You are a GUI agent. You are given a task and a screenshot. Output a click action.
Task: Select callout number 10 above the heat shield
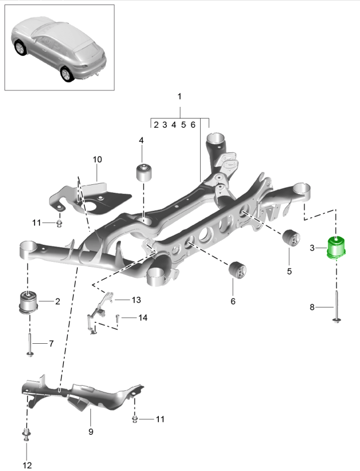(x=97, y=159)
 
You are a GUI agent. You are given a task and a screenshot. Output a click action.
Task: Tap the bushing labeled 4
(x=146, y=171)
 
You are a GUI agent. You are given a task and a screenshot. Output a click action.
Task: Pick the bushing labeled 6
(x=236, y=270)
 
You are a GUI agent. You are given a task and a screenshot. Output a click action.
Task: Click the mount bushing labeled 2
(x=27, y=301)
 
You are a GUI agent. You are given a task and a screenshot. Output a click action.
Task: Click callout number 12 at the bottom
(x=27, y=465)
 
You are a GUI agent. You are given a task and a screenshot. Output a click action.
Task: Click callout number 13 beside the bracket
(x=136, y=300)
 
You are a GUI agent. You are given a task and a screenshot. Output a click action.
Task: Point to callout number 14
(x=142, y=318)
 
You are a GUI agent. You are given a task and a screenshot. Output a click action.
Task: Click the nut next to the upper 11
(x=59, y=222)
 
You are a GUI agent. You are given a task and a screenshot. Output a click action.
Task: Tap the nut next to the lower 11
(x=135, y=419)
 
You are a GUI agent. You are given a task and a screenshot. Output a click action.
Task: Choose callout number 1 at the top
(x=179, y=97)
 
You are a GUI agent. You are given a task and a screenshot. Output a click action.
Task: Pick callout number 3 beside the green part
(x=312, y=247)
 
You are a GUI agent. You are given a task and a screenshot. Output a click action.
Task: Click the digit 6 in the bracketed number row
(x=193, y=125)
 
